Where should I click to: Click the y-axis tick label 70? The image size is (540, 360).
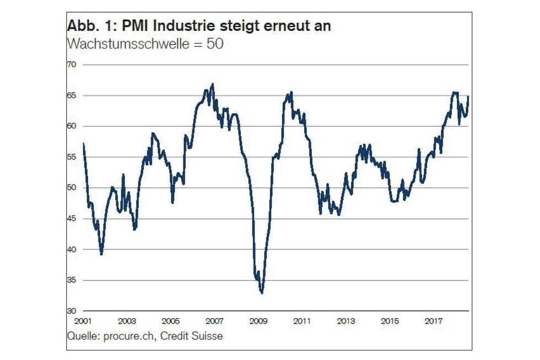click(71, 65)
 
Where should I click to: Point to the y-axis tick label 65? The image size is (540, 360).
click(71, 96)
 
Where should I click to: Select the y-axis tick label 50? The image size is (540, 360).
click(71, 188)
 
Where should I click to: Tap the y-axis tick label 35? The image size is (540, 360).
click(71, 281)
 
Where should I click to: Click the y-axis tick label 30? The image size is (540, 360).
click(71, 311)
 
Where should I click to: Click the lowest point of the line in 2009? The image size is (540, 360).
click(262, 293)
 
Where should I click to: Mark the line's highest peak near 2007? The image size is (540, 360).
click(213, 84)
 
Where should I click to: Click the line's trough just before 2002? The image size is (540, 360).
click(101, 254)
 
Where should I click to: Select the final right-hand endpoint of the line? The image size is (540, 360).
click(468, 96)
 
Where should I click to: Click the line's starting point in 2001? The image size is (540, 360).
click(83, 143)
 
